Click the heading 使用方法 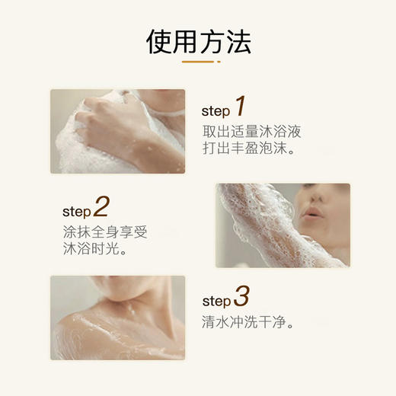point(199,42)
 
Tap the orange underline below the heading point(198,62)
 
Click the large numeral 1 point(241,106)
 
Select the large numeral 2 point(101,206)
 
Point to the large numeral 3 point(241,296)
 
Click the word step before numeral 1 point(216,111)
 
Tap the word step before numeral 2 point(77,212)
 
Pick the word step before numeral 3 point(216,301)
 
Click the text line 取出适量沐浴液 point(252,131)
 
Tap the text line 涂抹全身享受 point(105,232)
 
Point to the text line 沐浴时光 point(94,248)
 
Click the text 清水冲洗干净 point(247,322)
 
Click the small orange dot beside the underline point(219,62)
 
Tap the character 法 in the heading point(238,42)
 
